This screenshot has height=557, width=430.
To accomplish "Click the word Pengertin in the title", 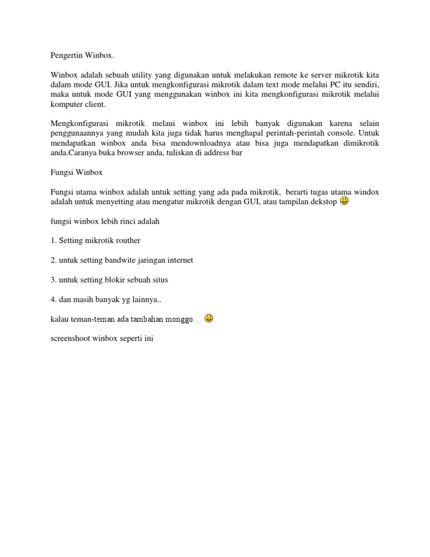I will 67,56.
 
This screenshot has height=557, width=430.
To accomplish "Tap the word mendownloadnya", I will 206,143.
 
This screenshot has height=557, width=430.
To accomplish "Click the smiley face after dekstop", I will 344,201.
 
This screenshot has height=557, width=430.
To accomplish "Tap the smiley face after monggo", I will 208,318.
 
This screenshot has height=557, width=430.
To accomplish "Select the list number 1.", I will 53,240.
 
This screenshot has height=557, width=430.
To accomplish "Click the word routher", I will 126,240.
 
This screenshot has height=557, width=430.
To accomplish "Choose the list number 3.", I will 53,280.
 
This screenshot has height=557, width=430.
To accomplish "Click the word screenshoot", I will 70,338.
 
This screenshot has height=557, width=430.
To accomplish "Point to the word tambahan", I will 148,319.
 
